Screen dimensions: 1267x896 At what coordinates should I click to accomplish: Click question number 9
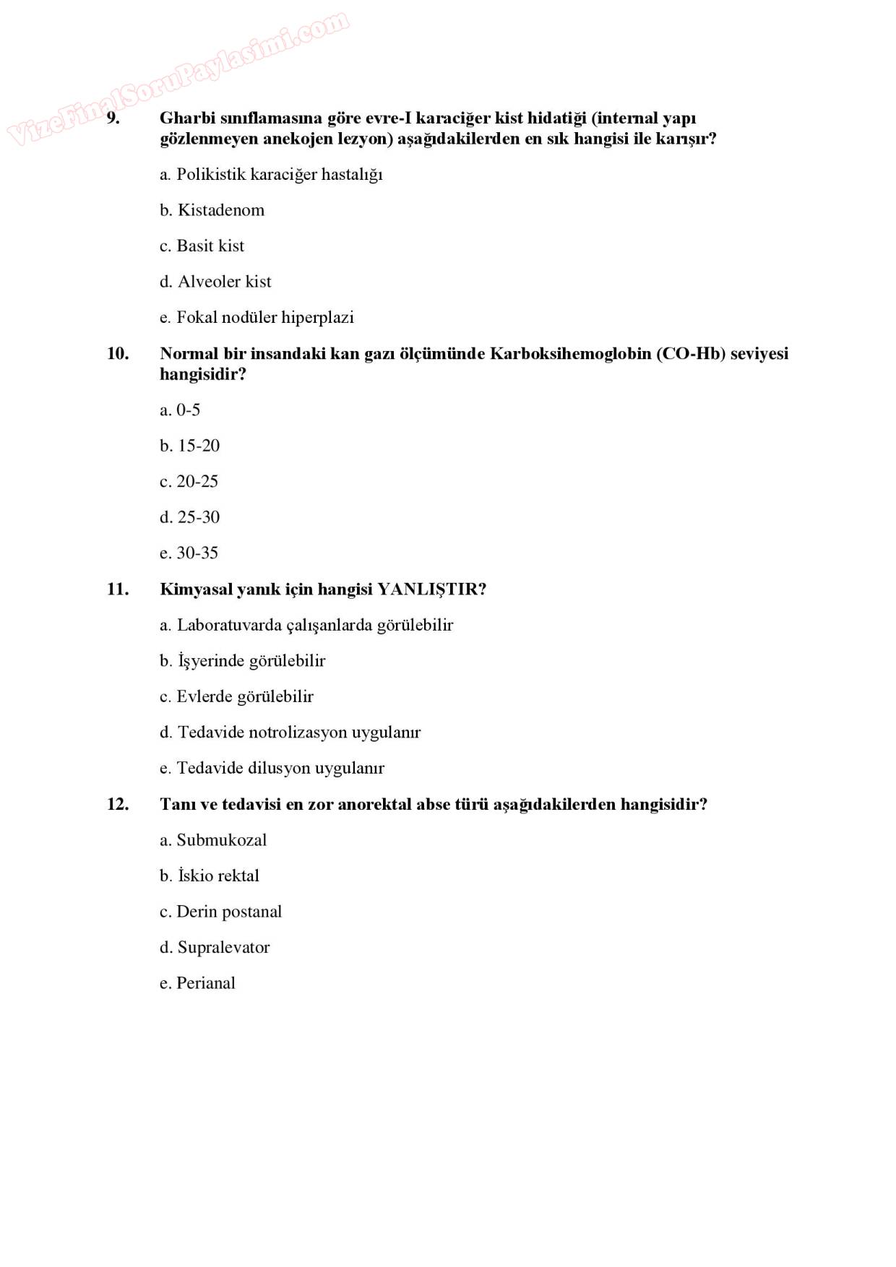point(113,118)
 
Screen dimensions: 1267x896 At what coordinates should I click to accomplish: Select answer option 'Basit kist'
point(210,246)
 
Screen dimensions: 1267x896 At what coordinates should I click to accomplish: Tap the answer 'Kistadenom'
point(220,210)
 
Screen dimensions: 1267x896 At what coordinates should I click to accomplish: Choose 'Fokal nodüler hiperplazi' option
point(264,318)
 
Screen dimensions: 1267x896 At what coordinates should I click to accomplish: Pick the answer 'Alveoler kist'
point(224,282)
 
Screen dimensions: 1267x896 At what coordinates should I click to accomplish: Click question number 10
point(118,354)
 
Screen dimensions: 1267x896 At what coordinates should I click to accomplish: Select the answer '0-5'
point(188,410)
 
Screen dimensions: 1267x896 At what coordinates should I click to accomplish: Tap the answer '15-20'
point(198,446)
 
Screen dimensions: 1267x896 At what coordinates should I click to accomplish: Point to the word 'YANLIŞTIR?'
point(431,589)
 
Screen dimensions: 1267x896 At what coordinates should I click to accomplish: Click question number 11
point(118,589)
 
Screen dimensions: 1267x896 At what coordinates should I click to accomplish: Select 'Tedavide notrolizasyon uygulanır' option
point(298,732)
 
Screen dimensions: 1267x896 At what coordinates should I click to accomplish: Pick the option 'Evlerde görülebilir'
point(244,697)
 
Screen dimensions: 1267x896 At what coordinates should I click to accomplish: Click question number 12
point(118,805)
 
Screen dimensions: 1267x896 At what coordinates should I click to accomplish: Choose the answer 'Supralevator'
point(223,948)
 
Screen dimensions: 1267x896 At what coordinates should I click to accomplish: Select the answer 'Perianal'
point(205,983)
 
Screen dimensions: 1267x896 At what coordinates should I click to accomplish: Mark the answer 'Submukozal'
point(221,840)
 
